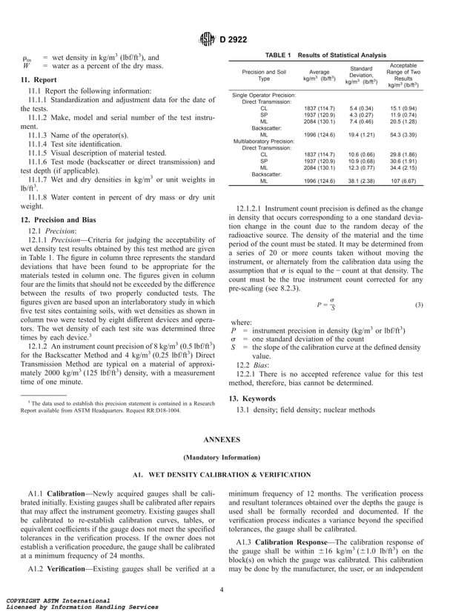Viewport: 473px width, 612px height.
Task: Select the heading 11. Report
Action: (39, 79)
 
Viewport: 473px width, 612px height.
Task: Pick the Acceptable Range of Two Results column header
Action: (403, 75)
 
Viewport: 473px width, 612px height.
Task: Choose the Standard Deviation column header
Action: (362, 75)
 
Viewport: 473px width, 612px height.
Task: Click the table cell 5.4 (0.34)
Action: (363, 109)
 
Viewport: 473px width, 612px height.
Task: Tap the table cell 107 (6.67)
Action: (403, 180)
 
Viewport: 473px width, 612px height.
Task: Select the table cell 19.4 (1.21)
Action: (363, 135)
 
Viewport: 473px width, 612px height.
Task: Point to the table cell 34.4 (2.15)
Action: (403, 167)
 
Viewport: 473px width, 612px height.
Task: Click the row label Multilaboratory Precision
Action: (265, 141)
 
